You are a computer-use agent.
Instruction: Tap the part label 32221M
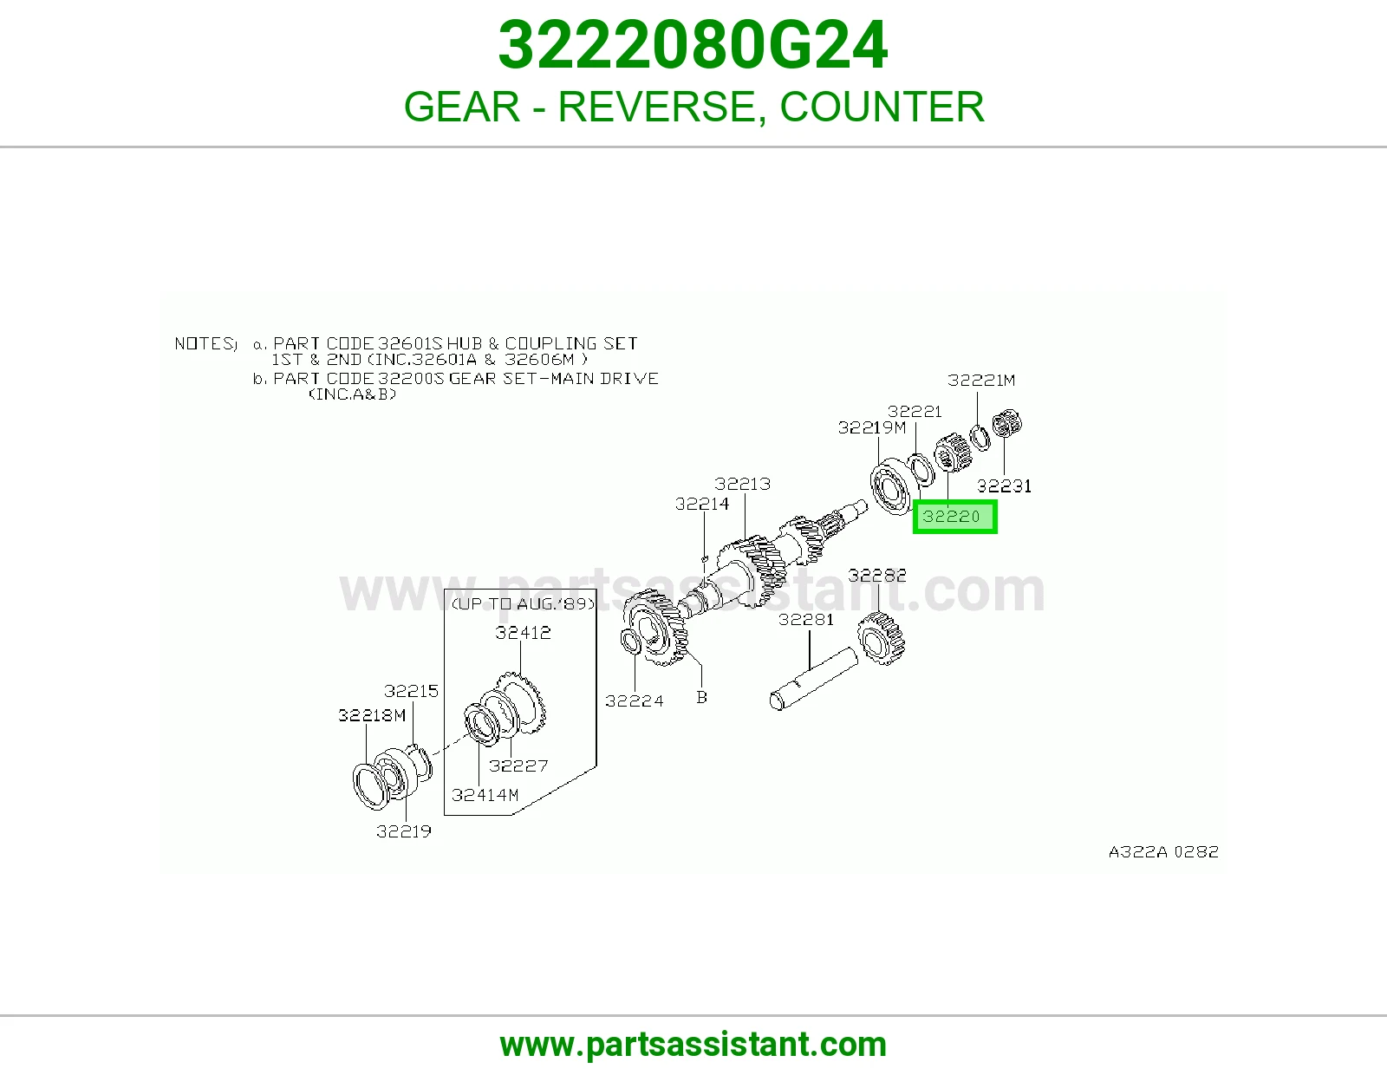click(981, 381)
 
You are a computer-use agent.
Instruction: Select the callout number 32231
click(1004, 486)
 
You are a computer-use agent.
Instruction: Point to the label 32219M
click(872, 427)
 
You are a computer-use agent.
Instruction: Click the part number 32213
click(742, 484)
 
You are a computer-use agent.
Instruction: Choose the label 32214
click(702, 505)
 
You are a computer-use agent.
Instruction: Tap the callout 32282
click(877, 575)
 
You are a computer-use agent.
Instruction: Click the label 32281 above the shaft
click(806, 619)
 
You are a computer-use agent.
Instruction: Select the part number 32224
click(635, 701)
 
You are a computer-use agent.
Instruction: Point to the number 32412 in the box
click(523, 633)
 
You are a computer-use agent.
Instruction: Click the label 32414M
click(485, 795)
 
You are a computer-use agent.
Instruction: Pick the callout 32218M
click(372, 715)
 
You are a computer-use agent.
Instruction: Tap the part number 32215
click(411, 691)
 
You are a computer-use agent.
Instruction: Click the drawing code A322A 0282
click(1163, 851)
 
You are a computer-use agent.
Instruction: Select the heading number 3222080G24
click(693, 45)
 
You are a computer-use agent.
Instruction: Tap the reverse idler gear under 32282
click(882, 638)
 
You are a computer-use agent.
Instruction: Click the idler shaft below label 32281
click(814, 679)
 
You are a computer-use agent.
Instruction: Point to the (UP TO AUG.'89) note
click(523, 603)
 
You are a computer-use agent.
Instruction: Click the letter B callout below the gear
click(701, 697)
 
